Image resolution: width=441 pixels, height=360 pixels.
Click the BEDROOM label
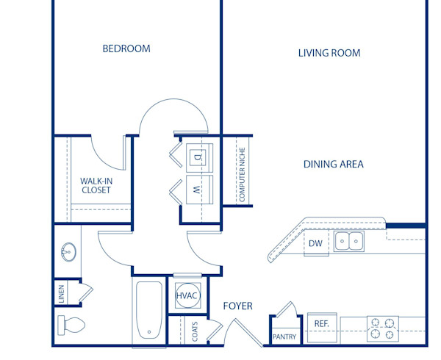pyautogui.click(x=126, y=49)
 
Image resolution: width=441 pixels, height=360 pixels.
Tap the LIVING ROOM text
pyautogui.click(x=329, y=53)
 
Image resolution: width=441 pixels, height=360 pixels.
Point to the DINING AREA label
pyautogui.click(x=333, y=165)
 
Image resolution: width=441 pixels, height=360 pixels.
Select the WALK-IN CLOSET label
pyautogui.click(x=96, y=185)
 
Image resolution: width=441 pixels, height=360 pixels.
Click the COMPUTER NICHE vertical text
pyautogui.click(x=241, y=174)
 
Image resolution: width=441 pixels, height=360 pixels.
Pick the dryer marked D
pyautogui.click(x=198, y=156)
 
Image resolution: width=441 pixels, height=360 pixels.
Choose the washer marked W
pyautogui.click(x=198, y=189)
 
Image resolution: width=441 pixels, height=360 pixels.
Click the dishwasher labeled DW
pyautogui.click(x=315, y=243)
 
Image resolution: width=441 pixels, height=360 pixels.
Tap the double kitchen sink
pyautogui.click(x=348, y=241)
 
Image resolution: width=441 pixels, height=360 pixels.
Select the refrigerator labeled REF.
pyautogui.click(x=321, y=323)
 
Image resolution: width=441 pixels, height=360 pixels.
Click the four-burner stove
pyautogui.click(x=382, y=327)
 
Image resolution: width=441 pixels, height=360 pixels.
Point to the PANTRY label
pyautogui.click(x=284, y=337)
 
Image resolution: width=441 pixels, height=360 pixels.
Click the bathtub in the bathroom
pyautogui.click(x=150, y=312)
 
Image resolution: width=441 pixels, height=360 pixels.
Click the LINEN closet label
pyautogui.click(x=62, y=292)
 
